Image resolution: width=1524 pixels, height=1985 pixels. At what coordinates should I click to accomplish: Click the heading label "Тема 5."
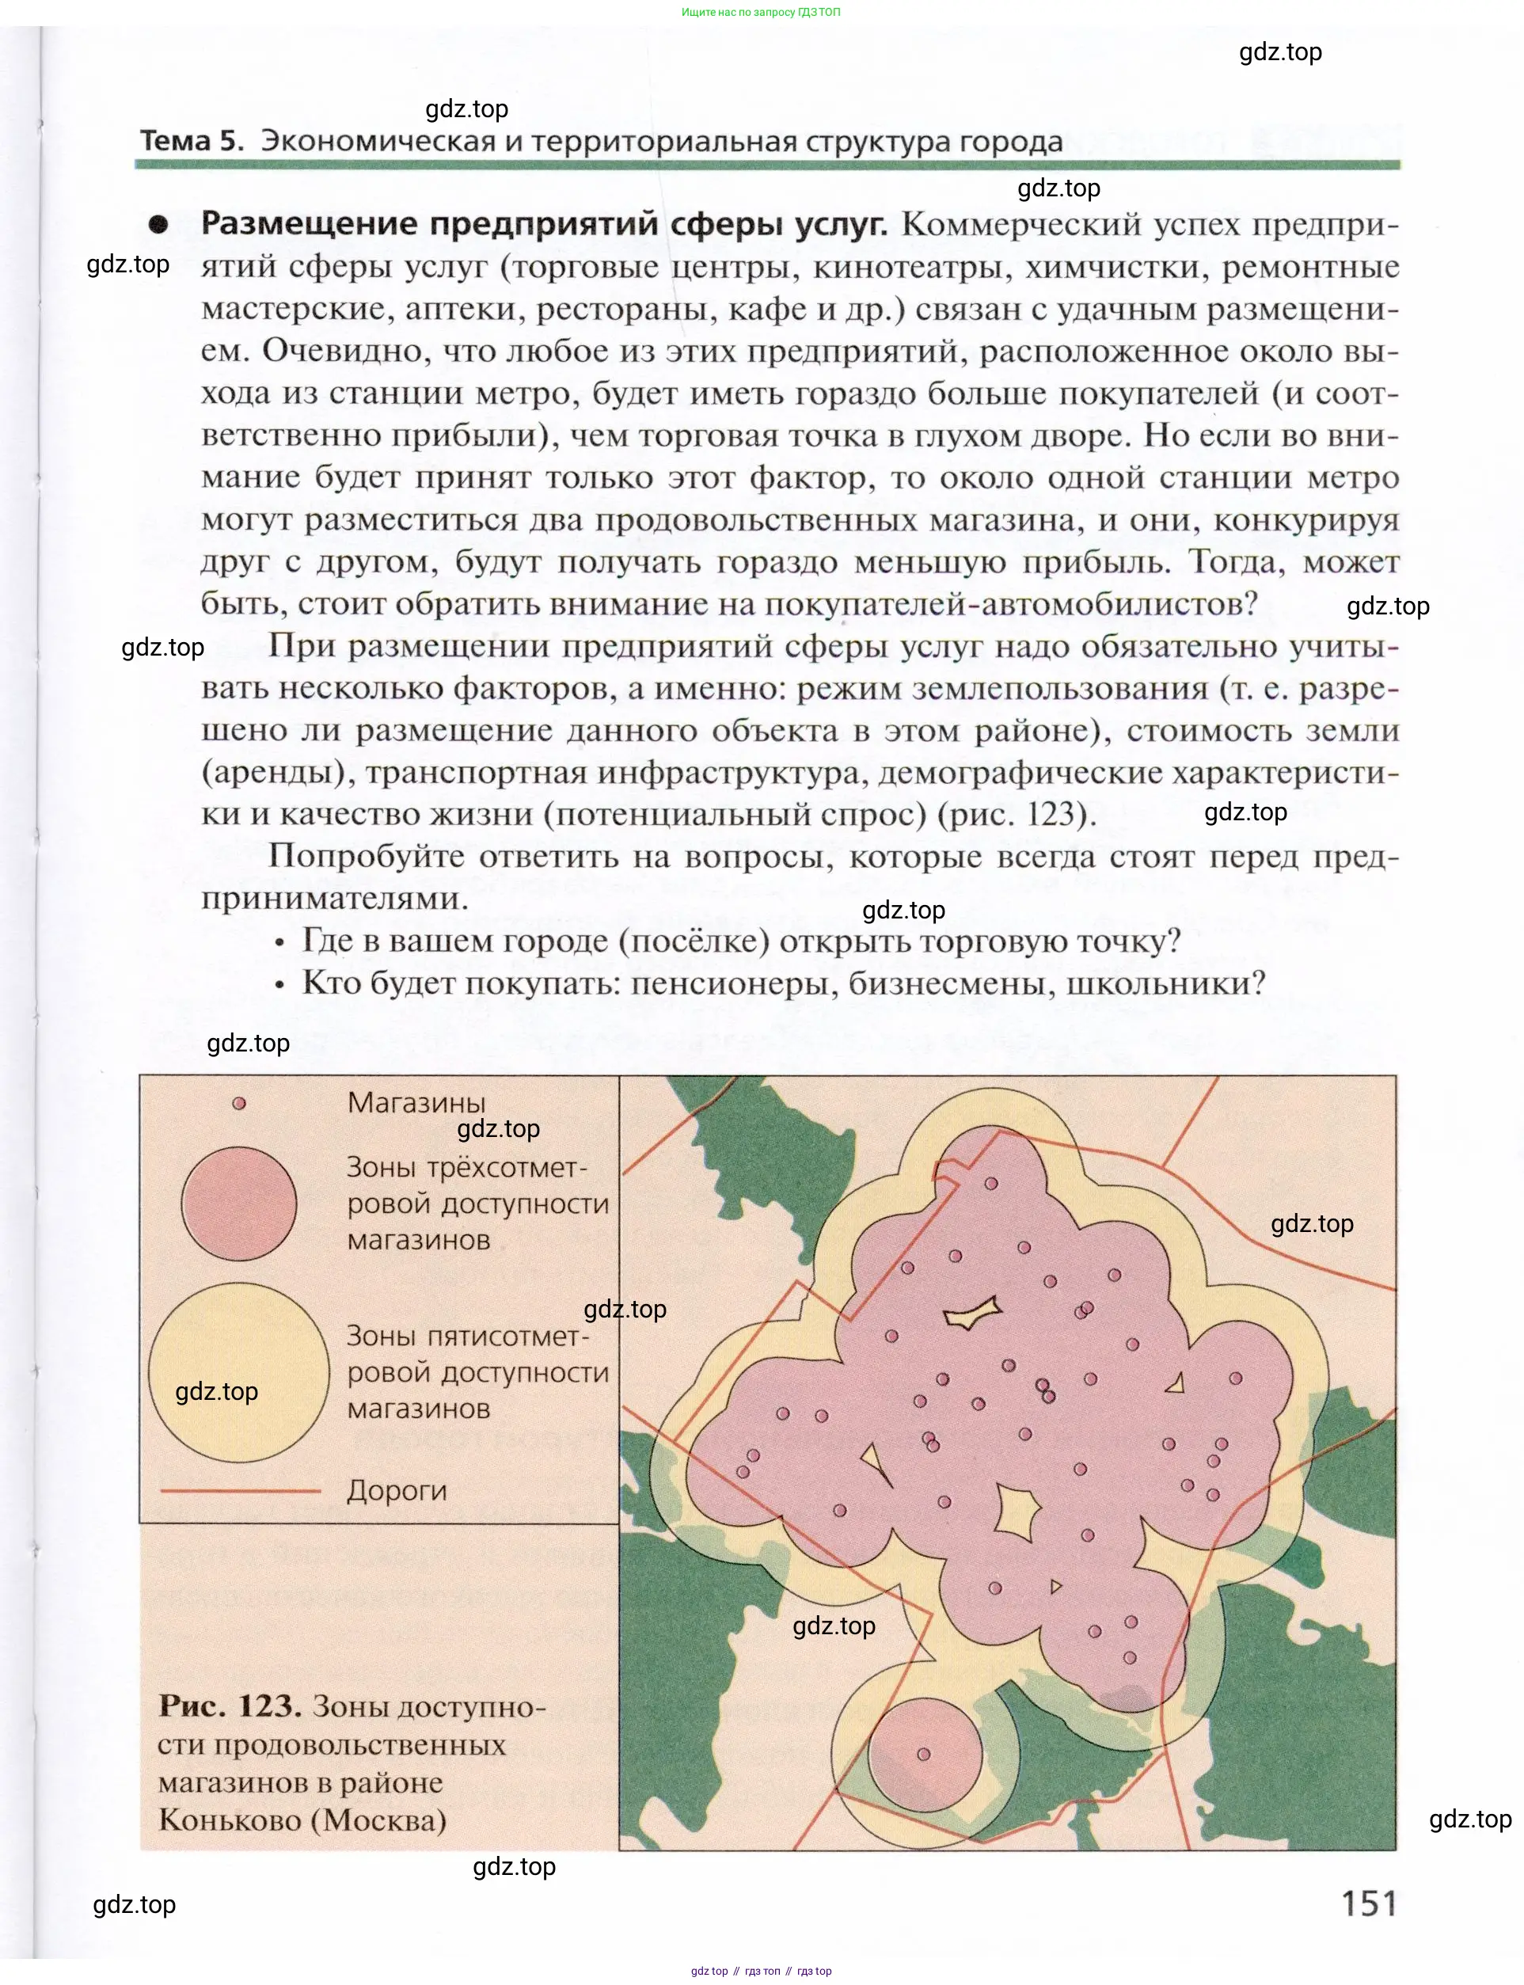(192, 142)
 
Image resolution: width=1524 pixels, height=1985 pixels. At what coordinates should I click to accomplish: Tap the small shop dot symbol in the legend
(239, 1104)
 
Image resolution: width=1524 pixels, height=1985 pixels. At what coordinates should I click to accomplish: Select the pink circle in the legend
(238, 1204)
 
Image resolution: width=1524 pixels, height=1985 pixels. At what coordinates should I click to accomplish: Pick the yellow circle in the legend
(238, 1373)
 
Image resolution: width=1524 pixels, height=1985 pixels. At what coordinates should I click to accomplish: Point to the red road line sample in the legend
(241, 1491)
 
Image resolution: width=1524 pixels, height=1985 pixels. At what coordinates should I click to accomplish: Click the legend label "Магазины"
(416, 1103)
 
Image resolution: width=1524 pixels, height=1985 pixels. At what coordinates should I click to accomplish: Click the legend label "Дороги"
(397, 1491)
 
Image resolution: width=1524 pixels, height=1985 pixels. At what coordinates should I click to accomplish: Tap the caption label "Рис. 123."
(230, 1706)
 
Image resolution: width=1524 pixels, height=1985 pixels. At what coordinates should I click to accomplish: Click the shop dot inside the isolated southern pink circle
(923, 1755)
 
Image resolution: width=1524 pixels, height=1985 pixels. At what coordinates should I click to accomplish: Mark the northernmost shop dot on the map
(991, 1183)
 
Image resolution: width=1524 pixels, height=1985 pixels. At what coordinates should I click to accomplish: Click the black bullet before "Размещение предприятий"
(159, 225)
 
